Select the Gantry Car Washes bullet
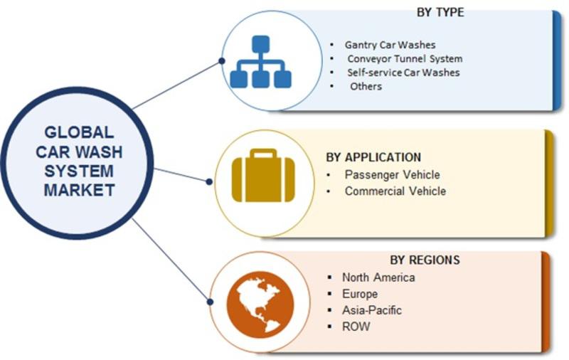[390, 44]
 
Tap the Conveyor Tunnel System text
[405, 58]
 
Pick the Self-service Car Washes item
[403, 73]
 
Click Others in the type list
[366, 86]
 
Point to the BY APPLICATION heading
[373, 157]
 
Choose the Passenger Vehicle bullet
[392, 174]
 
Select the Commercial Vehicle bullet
[395, 191]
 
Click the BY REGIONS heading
[425, 260]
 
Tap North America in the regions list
[378, 277]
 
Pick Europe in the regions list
[359, 294]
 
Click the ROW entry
[356, 327]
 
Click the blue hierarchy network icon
[262, 63]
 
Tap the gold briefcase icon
[263, 179]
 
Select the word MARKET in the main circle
[79, 190]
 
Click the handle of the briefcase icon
[263, 154]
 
